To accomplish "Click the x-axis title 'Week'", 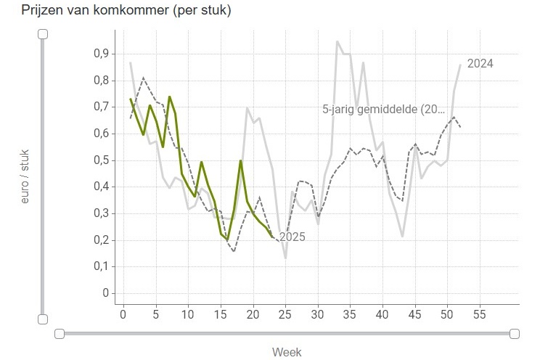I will (x=287, y=352).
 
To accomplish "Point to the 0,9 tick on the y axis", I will (x=100, y=54).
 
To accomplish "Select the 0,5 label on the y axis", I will (x=100, y=160).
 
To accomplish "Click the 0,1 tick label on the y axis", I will (x=100, y=267).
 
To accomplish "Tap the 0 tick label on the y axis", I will (x=105, y=294).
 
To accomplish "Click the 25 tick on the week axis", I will (x=285, y=315).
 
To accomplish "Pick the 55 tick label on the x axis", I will (x=479, y=315).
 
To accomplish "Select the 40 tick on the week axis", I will (x=382, y=315).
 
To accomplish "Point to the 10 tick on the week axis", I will (x=188, y=315).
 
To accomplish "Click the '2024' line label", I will (x=480, y=64).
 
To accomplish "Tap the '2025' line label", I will (x=292, y=237).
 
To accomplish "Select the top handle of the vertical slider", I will (x=43, y=33).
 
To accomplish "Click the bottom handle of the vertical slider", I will (x=43, y=319).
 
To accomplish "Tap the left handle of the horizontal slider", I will (x=60, y=333).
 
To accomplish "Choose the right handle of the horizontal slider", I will (x=515, y=333).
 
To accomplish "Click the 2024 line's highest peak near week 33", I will (x=337, y=42).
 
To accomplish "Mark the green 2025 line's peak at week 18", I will (x=240, y=161).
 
